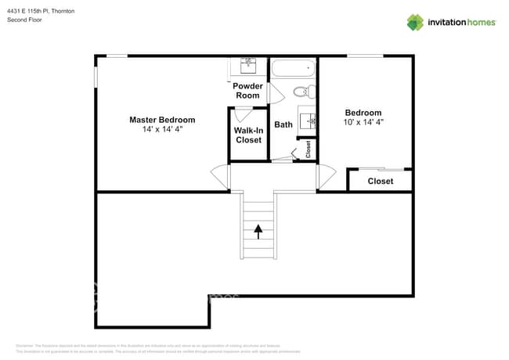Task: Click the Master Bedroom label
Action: coord(162,120)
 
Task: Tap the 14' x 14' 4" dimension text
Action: coord(162,130)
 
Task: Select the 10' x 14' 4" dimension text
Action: coord(363,123)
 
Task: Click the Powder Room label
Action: coord(247,91)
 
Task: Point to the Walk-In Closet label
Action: coord(248,135)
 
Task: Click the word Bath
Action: coord(283,124)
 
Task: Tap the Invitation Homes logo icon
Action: coord(415,22)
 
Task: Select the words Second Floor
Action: coord(24,20)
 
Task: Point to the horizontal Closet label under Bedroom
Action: coord(381,182)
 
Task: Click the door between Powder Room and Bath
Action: coord(274,93)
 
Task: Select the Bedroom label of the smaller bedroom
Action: coord(363,113)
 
